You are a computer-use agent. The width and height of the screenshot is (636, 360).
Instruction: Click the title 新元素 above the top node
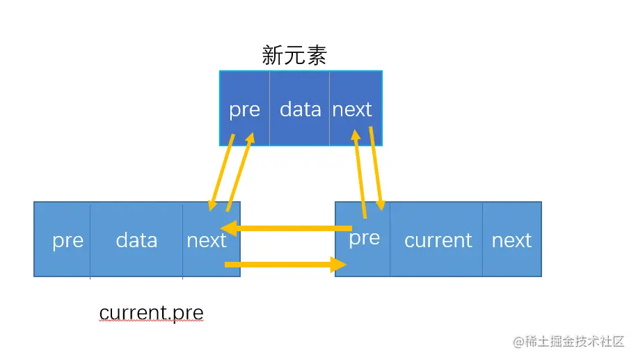[x=294, y=56]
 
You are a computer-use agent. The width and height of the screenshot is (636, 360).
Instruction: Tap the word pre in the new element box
[x=244, y=110]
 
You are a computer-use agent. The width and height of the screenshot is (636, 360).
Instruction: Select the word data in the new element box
[x=300, y=109]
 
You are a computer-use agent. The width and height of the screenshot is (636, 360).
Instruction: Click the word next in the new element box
[x=352, y=109]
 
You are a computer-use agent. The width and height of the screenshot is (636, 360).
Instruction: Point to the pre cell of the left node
[x=67, y=240]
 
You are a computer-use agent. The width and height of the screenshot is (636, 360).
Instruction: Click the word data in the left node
[x=136, y=240]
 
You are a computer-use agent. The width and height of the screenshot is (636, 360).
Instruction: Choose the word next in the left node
[x=207, y=240]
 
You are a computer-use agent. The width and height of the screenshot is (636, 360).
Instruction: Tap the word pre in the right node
[x=364, y=238]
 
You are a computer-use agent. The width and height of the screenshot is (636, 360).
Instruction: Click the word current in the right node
[x=438, y=240]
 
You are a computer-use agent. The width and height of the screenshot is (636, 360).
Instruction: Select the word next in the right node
[x=511, y=240]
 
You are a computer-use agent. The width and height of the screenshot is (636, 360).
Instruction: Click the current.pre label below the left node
[x=151, y=313]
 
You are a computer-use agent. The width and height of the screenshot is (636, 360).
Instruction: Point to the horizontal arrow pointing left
[x=285, y=228]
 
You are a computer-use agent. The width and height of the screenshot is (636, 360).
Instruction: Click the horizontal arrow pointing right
[x=285, y=264]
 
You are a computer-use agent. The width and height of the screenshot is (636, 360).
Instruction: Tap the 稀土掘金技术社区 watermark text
[x=574, y=341]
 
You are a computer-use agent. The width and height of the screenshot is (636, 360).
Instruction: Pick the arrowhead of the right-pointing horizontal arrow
[x=340, y=264]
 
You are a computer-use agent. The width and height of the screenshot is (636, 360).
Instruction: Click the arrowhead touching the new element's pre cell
[x=249, y=139]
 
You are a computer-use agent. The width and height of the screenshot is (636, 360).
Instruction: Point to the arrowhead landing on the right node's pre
[x=380, y=204]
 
